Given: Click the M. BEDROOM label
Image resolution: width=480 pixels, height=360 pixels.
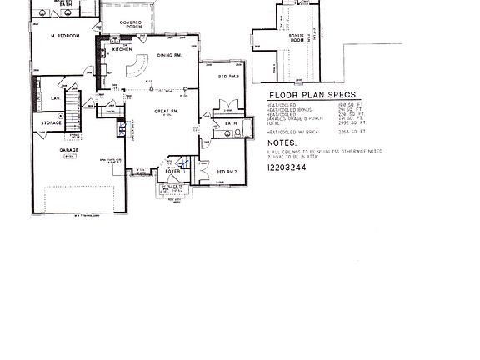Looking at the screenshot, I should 63,37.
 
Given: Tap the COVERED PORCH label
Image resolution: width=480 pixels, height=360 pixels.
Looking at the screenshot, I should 130,25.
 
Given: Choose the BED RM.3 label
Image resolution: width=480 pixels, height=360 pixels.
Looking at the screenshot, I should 228,77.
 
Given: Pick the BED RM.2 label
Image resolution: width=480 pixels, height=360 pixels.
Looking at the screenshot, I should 227,172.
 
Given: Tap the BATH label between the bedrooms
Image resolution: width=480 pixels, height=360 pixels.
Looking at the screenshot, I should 232,124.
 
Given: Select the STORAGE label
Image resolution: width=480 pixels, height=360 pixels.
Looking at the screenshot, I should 52,123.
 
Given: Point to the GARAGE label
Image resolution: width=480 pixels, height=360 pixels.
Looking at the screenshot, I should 68,151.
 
